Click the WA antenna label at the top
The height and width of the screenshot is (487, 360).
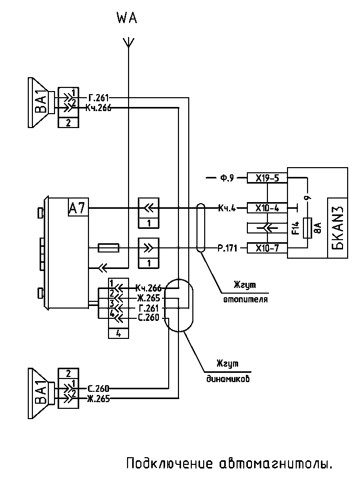pos(127,19)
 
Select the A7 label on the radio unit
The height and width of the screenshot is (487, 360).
pos(78,208)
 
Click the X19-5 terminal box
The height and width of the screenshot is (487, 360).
pos(266,178)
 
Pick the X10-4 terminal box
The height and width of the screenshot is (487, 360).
pos(266,208)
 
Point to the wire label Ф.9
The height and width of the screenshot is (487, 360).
pos(227,178)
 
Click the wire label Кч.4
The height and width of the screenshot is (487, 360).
pos(226,208)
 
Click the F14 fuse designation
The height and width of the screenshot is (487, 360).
pos(296,228)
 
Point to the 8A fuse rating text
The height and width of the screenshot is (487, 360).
pos(317,228)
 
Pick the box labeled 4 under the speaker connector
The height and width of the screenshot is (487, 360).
pos(119,333)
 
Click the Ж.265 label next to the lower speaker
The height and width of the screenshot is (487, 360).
pos(97,398)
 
